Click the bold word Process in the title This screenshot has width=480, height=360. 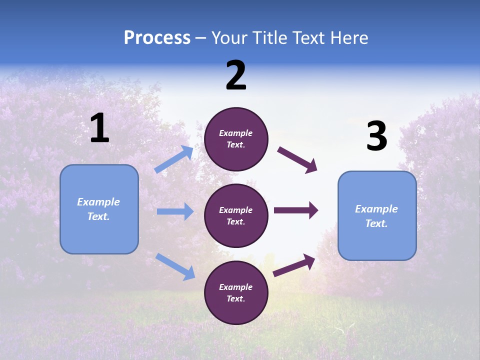(x=157, y=38)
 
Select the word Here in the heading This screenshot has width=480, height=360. (x=348, y=38)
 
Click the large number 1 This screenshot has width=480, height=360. (x=99, y=128)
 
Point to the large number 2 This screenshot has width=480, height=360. (x=236, y=75)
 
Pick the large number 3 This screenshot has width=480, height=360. (x=376, y=136)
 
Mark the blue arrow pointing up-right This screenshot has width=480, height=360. (x=174, y=159)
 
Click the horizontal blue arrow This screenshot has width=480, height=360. (x=175, y=211)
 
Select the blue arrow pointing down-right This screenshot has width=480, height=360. (x=175, y=266)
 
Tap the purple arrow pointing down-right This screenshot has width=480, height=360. (x=297, y=160)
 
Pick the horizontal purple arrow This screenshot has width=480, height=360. (x=295, y=210)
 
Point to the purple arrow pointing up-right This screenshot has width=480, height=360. (x=294, y=265)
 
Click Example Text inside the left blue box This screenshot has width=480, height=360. (x=98, y=209)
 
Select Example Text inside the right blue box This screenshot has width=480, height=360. (x=376, y=216)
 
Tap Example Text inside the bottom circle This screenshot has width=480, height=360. (x=236, y=292)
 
